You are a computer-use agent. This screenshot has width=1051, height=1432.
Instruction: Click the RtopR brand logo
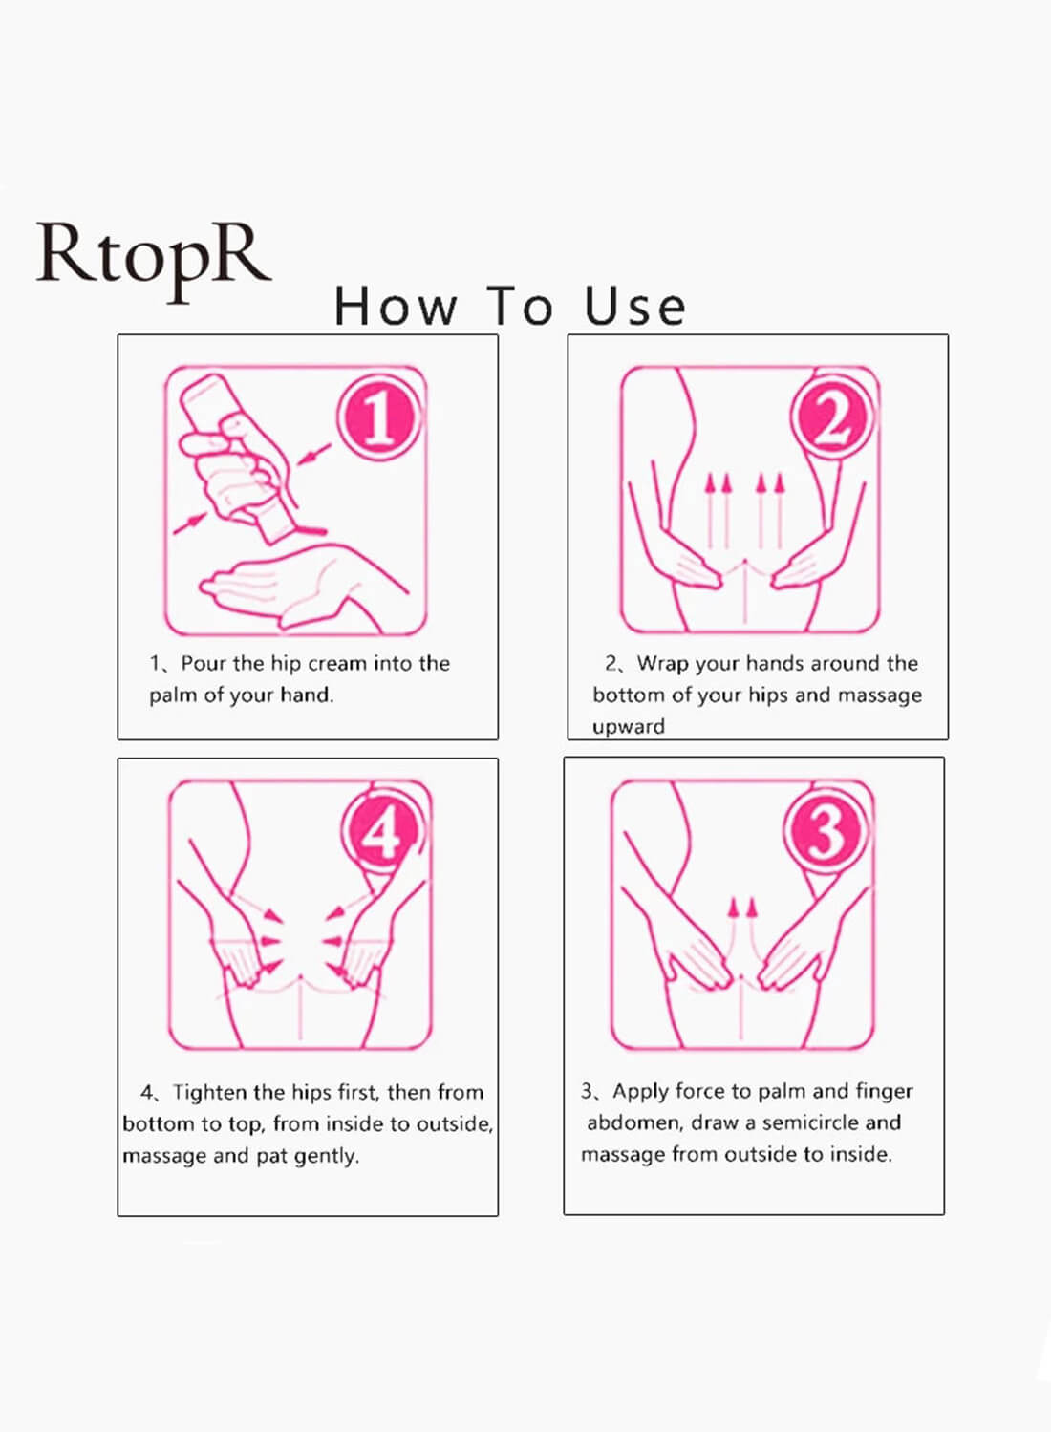[x=153, y=256]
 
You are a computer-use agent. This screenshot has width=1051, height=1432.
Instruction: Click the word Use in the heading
[x=635, y=307]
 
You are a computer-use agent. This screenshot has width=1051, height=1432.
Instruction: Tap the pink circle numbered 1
[x=378, y=417]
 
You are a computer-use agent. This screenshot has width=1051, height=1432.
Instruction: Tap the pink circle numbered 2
[x=832, y=417]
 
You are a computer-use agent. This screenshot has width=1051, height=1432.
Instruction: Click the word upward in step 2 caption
[x=628, y=726]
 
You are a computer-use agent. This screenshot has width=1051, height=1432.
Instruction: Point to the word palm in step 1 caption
[x=172, y=695]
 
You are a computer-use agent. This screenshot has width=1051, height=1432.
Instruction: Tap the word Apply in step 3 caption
[x=640, y=1091]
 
